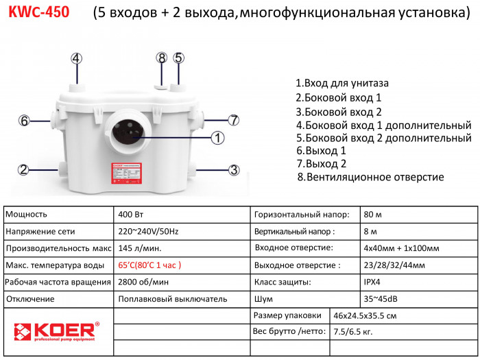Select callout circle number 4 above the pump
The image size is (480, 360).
tap(77, 58)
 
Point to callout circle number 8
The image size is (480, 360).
tap(162, 58)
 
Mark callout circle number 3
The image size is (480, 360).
tap(233, 169)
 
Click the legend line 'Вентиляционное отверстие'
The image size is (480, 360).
tap(370, 177)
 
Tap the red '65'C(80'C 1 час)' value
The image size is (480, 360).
tap(150, 265)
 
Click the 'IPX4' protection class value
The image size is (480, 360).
tap(374, 282)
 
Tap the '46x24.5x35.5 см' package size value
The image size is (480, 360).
tap(365, 315)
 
